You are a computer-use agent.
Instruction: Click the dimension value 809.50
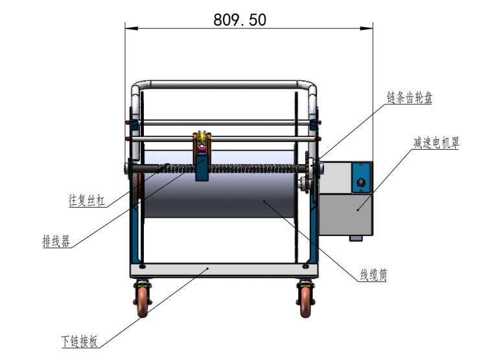(240, 20)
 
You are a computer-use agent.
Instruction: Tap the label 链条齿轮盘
(409, 98)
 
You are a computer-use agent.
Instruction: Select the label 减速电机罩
(436, 143)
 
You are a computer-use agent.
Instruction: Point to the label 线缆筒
(373, 275)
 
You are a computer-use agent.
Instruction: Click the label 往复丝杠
(86, 200)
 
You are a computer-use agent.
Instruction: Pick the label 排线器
(56, 241)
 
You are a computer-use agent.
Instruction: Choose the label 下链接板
(80, 341)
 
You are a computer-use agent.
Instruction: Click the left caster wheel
(143, 302)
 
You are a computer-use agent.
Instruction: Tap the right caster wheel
(305, 302)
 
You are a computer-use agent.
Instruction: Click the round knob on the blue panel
(361, 182)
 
